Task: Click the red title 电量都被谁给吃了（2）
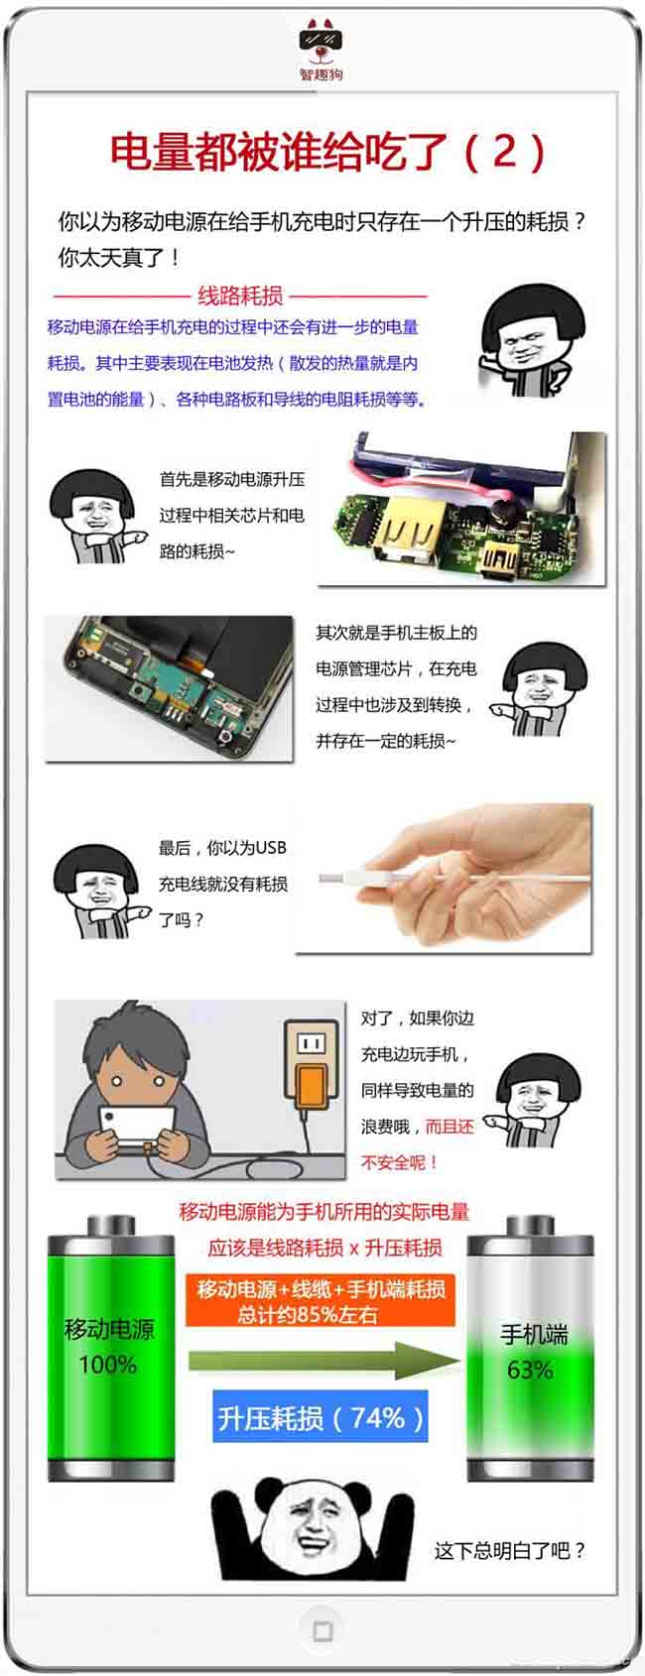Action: click(327, 152)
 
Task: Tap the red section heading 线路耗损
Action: click(240, 297)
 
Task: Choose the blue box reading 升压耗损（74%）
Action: click(321, 1417)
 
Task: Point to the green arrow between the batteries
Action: click(324, 1361)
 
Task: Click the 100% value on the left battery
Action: click(108, 1364)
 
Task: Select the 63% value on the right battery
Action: click(530, 1370)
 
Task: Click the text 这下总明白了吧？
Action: click(510, 1550)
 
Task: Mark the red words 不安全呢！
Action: click(399, 1162)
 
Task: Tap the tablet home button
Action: click(322, 1631)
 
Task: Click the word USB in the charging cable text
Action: click(271, 848)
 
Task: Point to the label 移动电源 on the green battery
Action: click(109, 1329)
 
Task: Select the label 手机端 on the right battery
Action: click(534, 1334)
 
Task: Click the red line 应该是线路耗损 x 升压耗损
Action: click(324, 1248)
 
